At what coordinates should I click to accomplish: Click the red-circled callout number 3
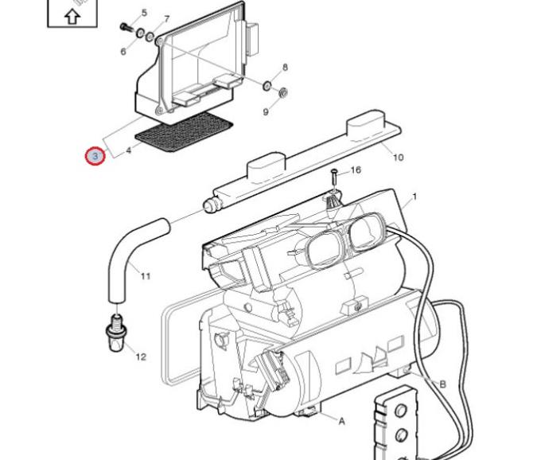[95, 156]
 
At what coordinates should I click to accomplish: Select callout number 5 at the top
[144, 13]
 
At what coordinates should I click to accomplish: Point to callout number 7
[166, 18]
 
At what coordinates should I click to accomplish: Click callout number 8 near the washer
[285, 68]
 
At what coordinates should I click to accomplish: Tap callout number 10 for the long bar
[398, 157]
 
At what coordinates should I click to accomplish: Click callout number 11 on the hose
[145, 276]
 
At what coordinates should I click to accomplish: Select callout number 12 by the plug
[141, 357]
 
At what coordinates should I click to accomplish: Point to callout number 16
[355, 170]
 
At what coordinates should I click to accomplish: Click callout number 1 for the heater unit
[414, 197]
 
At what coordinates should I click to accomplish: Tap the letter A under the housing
[342, 421]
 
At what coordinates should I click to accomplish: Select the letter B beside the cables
[442, 384]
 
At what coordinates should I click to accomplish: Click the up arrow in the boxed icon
[71, 15]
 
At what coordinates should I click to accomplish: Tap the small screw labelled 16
[334, 174]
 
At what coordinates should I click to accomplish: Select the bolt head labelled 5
[126, 26]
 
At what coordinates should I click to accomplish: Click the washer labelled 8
[267, 84]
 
